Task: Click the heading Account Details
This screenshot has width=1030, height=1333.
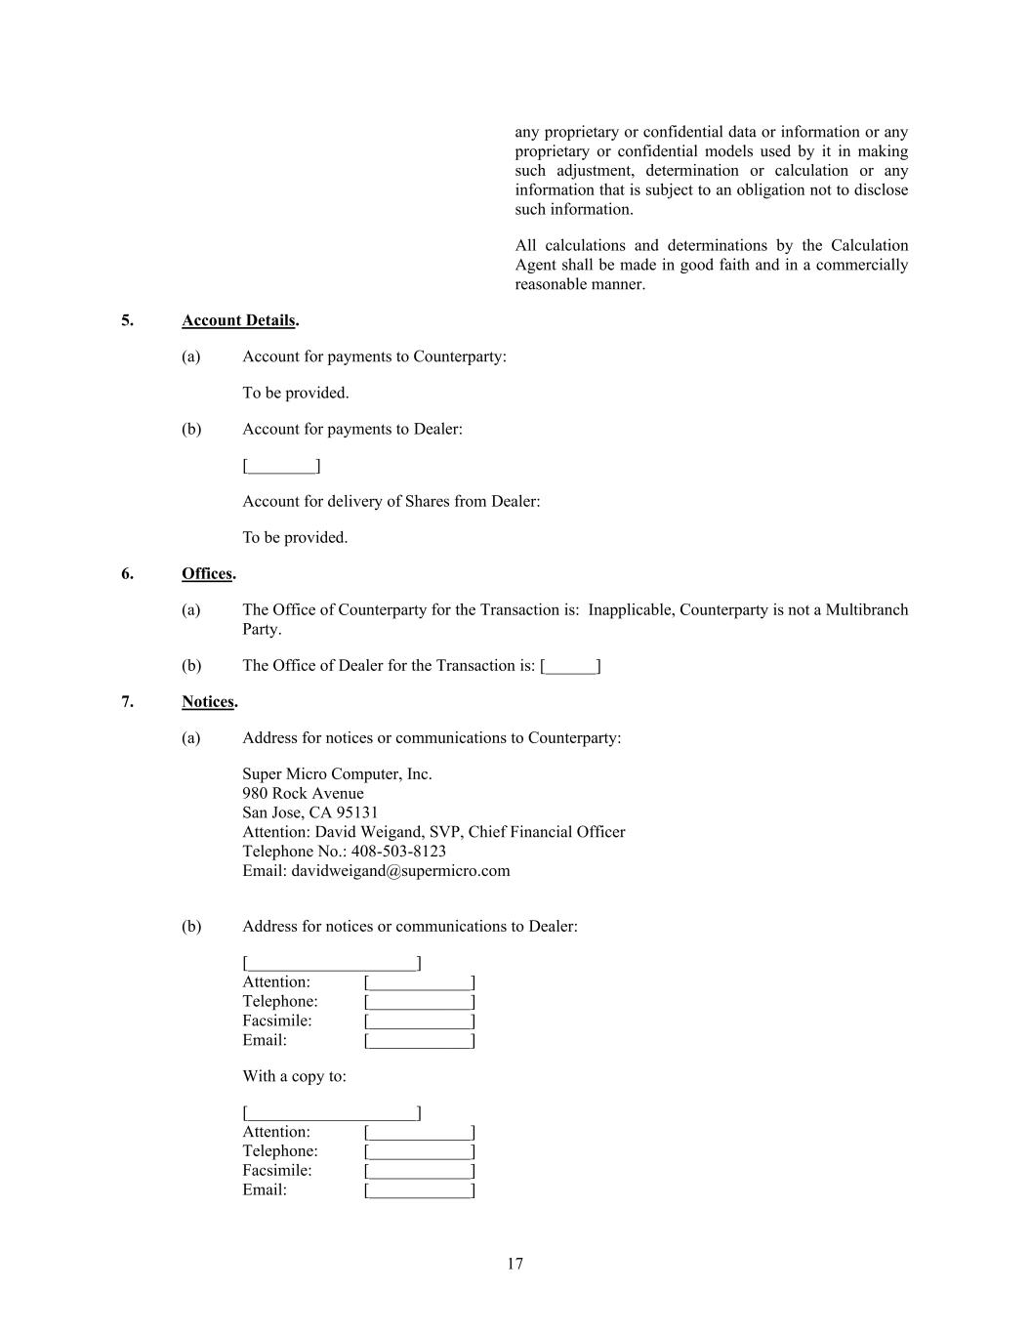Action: point(239,320)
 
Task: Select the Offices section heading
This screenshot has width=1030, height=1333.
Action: point(207,573)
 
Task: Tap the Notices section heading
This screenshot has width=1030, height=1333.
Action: point(208,701)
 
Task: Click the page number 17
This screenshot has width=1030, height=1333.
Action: point(515,1264)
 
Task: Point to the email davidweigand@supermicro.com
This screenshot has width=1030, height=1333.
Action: point(400,870)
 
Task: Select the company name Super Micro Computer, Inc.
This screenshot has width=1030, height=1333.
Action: point(337,773)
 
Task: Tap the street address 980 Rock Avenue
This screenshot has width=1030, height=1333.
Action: point(303,793)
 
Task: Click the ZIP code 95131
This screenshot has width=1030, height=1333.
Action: point(357,812)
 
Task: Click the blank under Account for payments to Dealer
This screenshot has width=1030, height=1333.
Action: point(281,466)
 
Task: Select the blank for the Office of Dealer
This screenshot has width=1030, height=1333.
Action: point(570,666)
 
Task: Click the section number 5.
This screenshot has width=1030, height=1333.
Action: point(127,320)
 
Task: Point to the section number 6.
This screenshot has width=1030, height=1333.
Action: point(127,573)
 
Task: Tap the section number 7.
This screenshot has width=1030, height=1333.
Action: point(127,701)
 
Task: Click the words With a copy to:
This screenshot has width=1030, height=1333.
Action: point(294,1076)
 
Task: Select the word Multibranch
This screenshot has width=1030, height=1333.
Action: point(867,609)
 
